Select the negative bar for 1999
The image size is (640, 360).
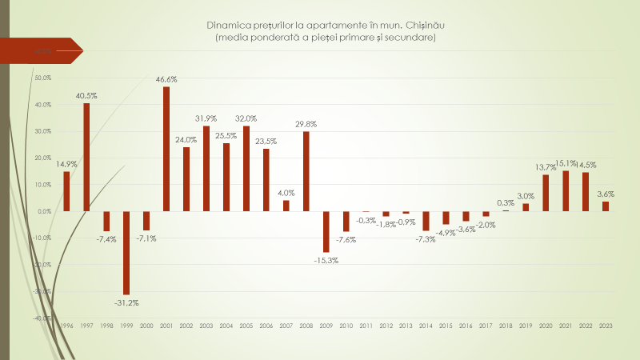tap(126, 253)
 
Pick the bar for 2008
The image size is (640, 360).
tap(306, 171)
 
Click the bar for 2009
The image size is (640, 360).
tap(326, 231)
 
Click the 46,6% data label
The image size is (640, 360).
tap(166, 80)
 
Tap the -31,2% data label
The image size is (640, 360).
tap(126, 303)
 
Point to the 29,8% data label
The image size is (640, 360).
tap(306, 124)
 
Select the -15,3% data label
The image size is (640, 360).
tap(326, 261)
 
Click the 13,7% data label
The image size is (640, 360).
tap(546, 167)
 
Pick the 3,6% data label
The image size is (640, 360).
tap(606, 194)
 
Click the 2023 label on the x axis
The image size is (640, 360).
tap(606, 326)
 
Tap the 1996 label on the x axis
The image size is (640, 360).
tap(66, 326)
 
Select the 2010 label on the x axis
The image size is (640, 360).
tap(346, 326)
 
